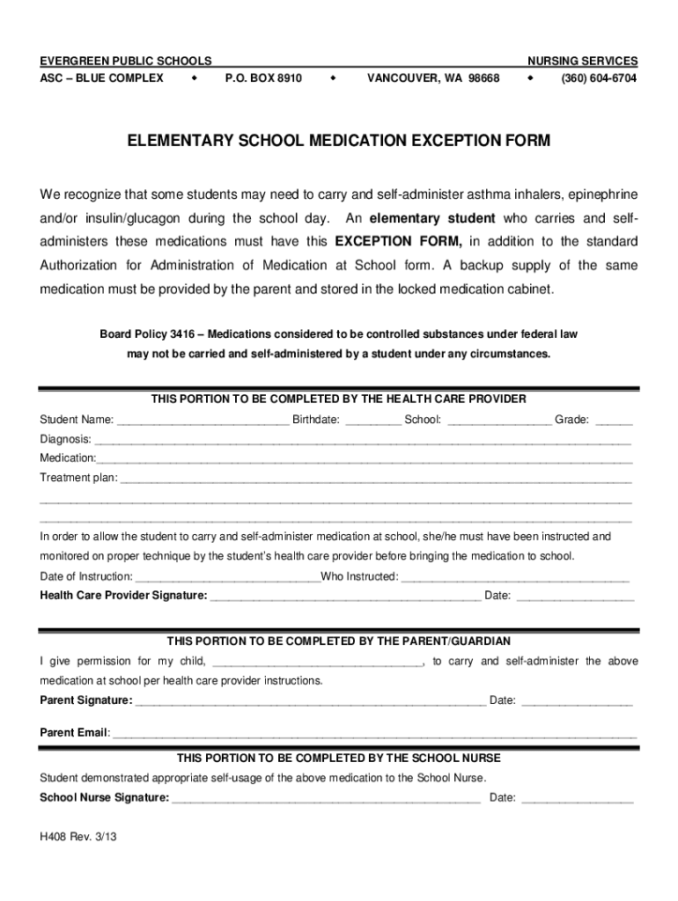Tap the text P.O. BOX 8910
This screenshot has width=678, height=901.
click(263, 78)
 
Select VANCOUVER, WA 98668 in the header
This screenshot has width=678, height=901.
click(433, 78)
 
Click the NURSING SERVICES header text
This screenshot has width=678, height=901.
click(582, 61)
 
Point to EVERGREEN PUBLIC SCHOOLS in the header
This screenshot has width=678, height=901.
click(125, 61)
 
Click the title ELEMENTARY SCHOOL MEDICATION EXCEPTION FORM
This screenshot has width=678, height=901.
click(339, 141)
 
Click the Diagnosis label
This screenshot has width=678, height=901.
click(65, 439)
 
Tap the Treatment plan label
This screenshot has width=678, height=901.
click(77, 478)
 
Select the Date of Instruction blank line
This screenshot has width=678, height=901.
click(228, 578)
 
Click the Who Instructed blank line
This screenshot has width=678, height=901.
click(516, 578)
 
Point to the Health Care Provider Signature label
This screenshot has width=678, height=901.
click(123, 596)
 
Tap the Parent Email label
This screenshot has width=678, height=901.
click(74, 732)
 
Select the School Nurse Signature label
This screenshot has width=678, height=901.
click(105, 798)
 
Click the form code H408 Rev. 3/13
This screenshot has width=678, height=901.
click(77, 839)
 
